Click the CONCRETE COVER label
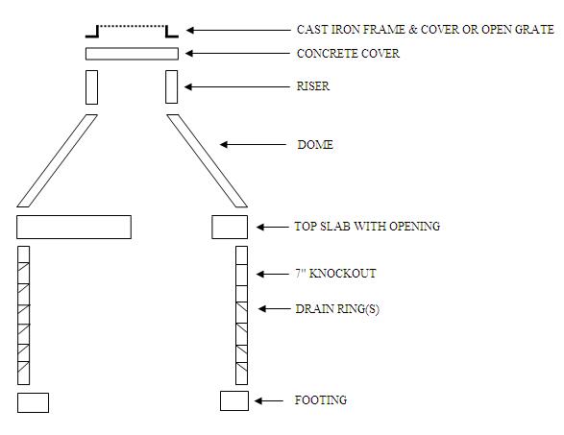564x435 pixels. (348, 54)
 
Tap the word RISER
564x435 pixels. (312, 86)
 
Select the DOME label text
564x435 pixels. (315, 145)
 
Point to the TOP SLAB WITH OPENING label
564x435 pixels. (367, 227)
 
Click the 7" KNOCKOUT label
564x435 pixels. (335, 274)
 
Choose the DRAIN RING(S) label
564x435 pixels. (337, 309)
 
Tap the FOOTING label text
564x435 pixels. (321, 400)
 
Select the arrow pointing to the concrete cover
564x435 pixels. (237, 54)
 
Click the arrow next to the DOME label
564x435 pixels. (253, 145)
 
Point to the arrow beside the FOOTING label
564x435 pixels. (269, 400)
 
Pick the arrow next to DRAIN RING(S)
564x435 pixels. (274, 309)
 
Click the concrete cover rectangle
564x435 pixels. (132, 54)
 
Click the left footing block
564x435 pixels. (33, 402)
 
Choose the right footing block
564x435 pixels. (234, 400)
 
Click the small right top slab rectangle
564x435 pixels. (230, 227)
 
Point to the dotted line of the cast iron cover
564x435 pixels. (132, 26)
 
